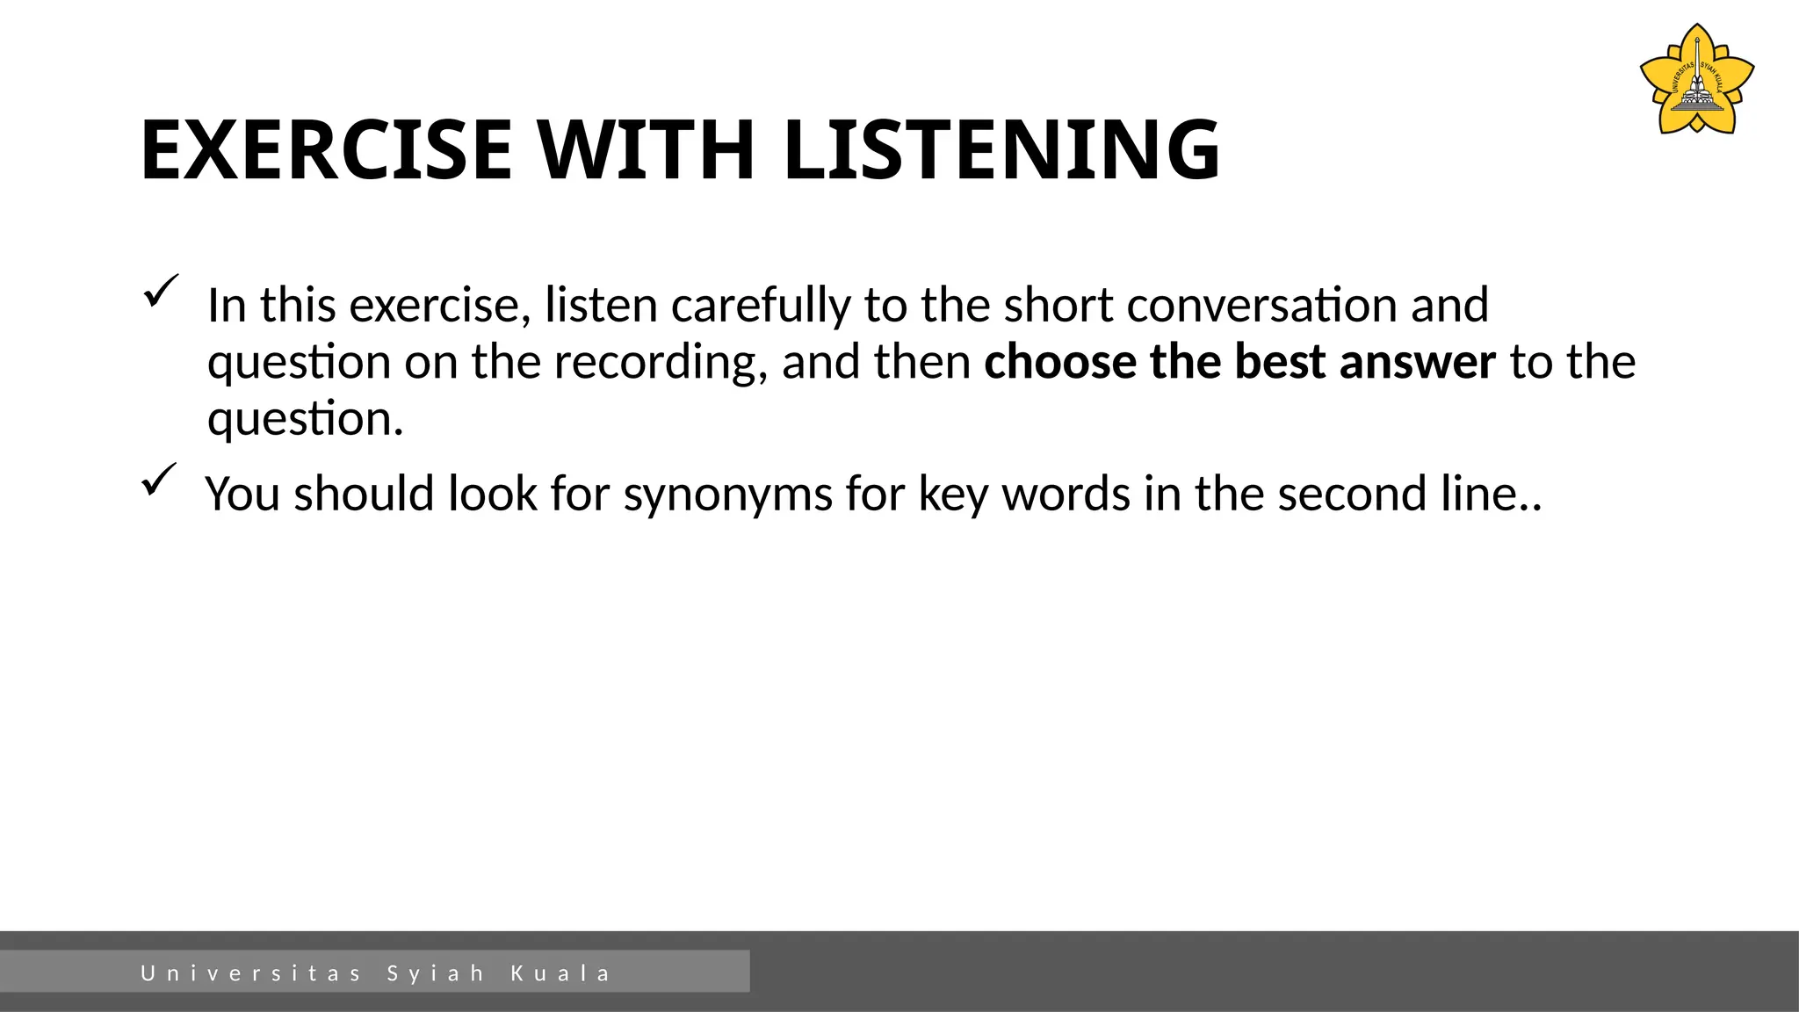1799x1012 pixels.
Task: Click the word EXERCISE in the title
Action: [x=326, y=150]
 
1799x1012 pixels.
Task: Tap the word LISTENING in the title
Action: [x=1001, y=150]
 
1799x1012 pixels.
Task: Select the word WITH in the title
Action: [x=647, y=150]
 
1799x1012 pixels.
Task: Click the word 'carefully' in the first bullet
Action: [x=760, y=306]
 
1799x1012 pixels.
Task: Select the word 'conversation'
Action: [x=1262, y=306]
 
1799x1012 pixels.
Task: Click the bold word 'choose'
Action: [x=1059, y=362]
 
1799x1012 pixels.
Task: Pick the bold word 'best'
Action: [x=1280, y=362]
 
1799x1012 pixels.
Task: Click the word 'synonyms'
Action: [x=727, y=494]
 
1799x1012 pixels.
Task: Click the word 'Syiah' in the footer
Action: [x=436, y=973]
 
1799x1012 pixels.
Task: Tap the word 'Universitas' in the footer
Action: [x=251, y=973]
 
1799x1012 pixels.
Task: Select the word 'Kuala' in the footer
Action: [x=560, y=973]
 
